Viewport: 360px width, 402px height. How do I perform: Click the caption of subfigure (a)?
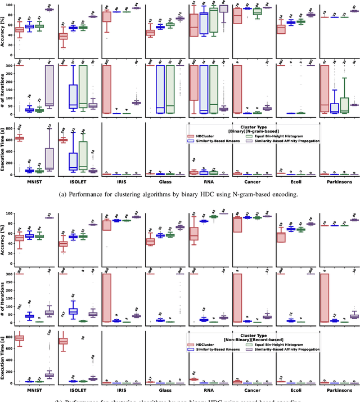(x=179, y=194)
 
